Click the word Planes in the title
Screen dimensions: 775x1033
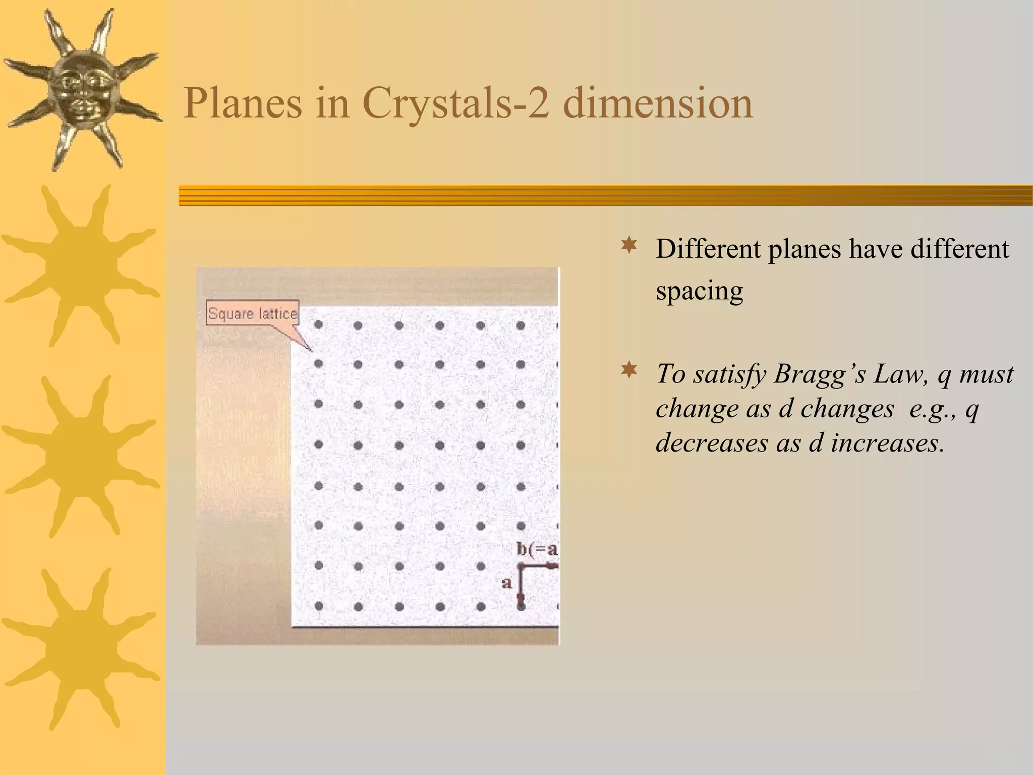242,103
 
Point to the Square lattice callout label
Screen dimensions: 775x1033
253,314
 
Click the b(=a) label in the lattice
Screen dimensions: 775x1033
537,549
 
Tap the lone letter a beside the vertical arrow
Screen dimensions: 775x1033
506,583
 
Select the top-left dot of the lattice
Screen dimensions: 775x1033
318,325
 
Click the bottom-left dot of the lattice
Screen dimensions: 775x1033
318,606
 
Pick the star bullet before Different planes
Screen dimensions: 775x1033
629,246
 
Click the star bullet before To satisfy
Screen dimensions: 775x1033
629,371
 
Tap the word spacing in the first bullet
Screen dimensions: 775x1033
699,291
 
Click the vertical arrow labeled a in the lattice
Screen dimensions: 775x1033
521,585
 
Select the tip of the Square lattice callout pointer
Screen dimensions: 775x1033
312,351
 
